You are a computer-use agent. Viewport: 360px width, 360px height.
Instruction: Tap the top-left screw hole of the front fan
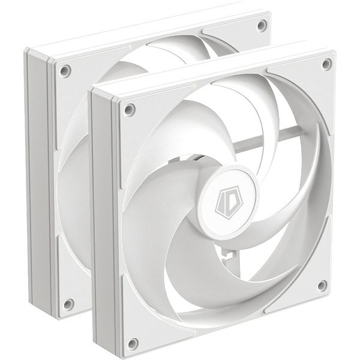pos(129,110)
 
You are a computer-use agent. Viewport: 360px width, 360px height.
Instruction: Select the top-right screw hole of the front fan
pos(326,64)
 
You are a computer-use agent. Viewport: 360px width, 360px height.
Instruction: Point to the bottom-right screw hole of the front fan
pos(322,286)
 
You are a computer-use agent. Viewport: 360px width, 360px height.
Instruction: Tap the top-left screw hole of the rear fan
pos(65,71)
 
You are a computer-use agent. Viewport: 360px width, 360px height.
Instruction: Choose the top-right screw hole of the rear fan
pos(262,25)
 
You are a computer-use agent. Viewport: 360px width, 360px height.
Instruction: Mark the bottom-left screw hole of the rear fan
pos(68,304)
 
